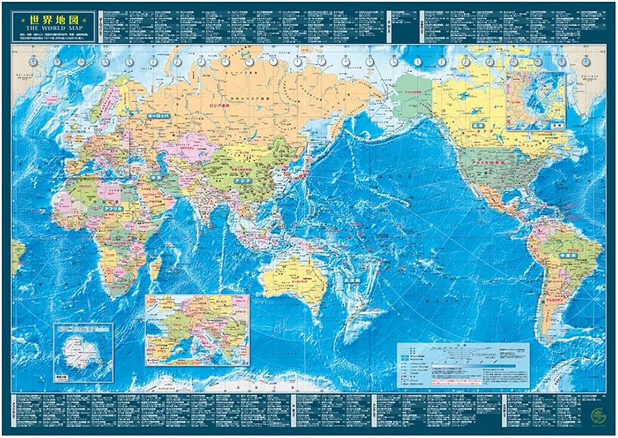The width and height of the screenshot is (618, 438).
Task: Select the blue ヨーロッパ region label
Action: pos(157,116)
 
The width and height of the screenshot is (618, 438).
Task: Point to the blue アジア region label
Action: pos(242,181)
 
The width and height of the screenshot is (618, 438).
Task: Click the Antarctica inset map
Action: pos(83,353)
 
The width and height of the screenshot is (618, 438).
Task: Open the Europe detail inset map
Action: pos(197,330)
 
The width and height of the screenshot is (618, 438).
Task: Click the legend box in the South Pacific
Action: pos(463,365)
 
